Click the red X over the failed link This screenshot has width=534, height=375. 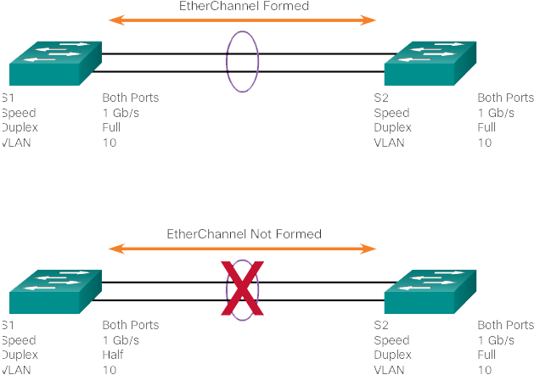tap(242, 288)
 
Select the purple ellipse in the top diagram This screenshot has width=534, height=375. tap(227, 62)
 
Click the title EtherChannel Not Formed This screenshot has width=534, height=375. tap(245, 234)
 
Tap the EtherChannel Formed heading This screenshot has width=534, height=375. tap(245, 6)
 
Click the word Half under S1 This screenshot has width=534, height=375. tap(113, 355)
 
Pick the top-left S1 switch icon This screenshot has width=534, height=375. tap(55, 64)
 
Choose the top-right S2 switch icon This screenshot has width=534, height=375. tap(430, 64)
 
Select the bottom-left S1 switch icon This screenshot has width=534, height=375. tap(55, 292)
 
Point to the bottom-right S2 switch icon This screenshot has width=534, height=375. tap(430, 292)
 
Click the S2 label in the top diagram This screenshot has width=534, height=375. tap(381, 98)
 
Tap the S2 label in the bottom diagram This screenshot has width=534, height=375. tap(381, 325)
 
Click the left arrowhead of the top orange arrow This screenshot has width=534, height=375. tap(116, 20)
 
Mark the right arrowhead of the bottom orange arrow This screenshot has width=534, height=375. tap(368, 249)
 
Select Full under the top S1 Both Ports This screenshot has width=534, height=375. tap(111, 127)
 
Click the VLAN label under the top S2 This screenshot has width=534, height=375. tap(390, 143)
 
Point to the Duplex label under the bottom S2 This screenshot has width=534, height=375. tap(393, 355)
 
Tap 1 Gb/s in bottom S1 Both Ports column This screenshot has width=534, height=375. tap(121, 340)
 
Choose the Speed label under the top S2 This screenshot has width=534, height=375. tap(391, 113)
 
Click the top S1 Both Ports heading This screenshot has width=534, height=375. tap(131, 98)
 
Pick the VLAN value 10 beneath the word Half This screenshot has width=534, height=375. tap(110, 370)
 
